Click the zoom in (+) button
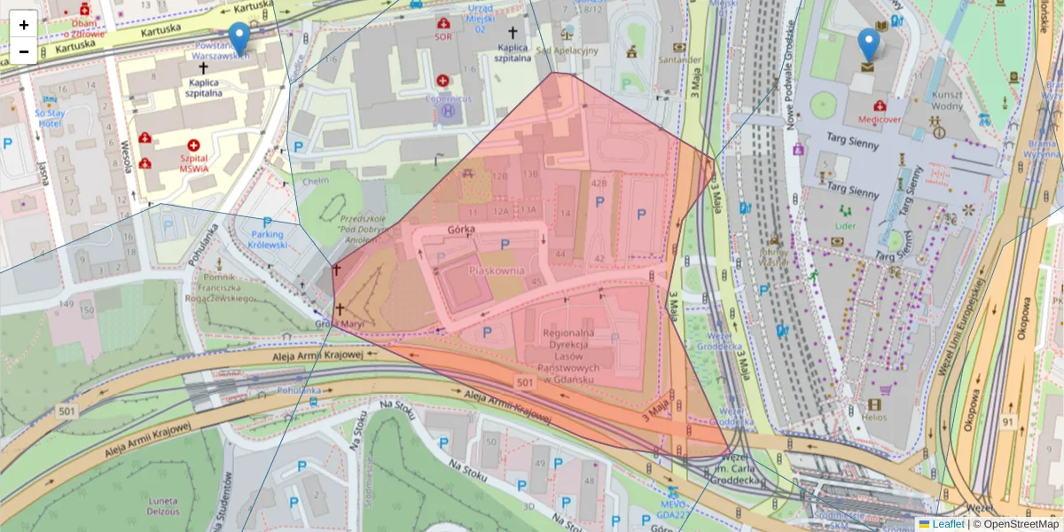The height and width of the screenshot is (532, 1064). (x=23, y=25)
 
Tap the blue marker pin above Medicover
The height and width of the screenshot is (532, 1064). (x=869, y=46)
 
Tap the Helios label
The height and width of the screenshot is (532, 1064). (x=874, y=417)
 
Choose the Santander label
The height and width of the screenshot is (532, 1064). (x=678, y=61)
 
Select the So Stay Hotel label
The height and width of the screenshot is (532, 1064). (x=51, y=118)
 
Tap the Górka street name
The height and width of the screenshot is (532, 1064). (x=463, y=229)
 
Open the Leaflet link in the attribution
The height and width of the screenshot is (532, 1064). (x=948, y=524)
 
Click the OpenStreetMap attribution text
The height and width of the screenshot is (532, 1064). (x=1019, y=524)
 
